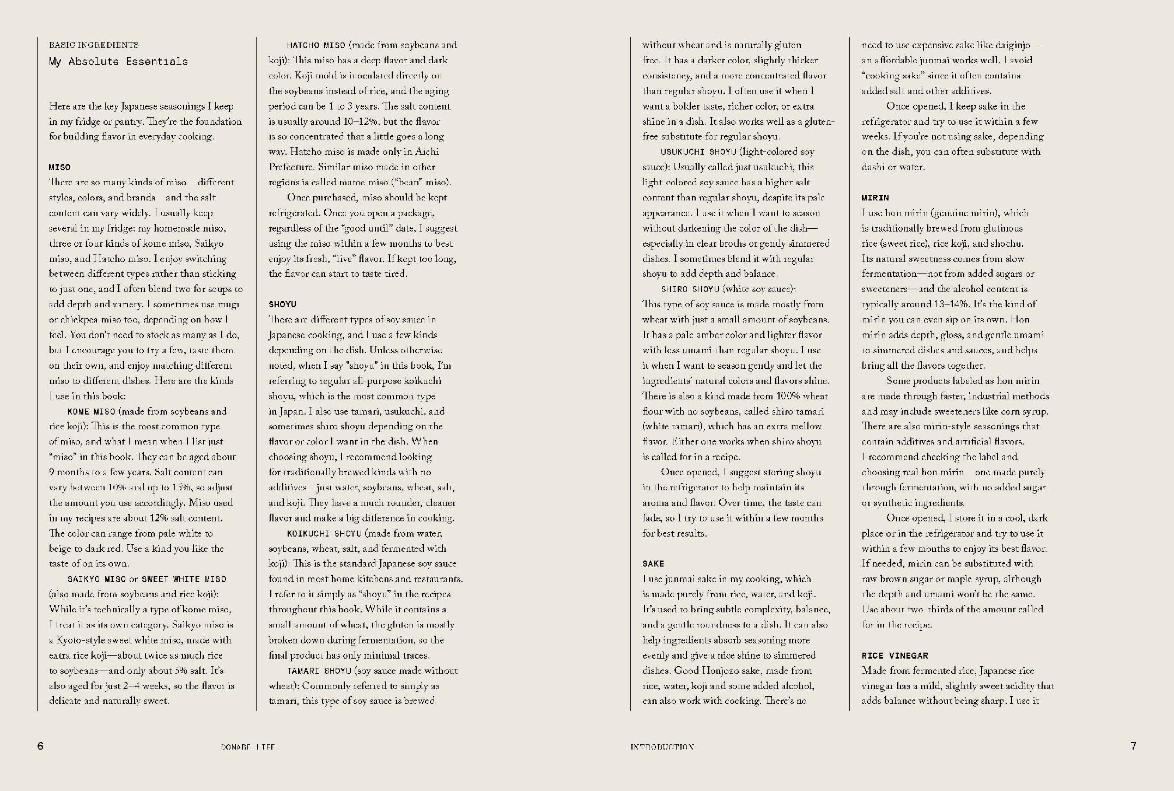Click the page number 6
click(40, 746)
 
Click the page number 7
click(1133, 746)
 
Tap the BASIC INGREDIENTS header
click(94, 45)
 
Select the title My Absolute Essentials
click(118, 62)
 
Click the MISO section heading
click(60, 167)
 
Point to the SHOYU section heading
click(282, 305)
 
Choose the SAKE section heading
click(653, 564)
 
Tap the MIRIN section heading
click(875, 198)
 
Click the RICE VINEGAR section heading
click(895, 656)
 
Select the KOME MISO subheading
click(92, 412)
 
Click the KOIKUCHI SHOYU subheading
click(324, 534)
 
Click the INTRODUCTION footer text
click(662, 747)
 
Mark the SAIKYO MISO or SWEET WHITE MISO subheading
click(147, 579)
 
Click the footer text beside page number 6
click(248, 747)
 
